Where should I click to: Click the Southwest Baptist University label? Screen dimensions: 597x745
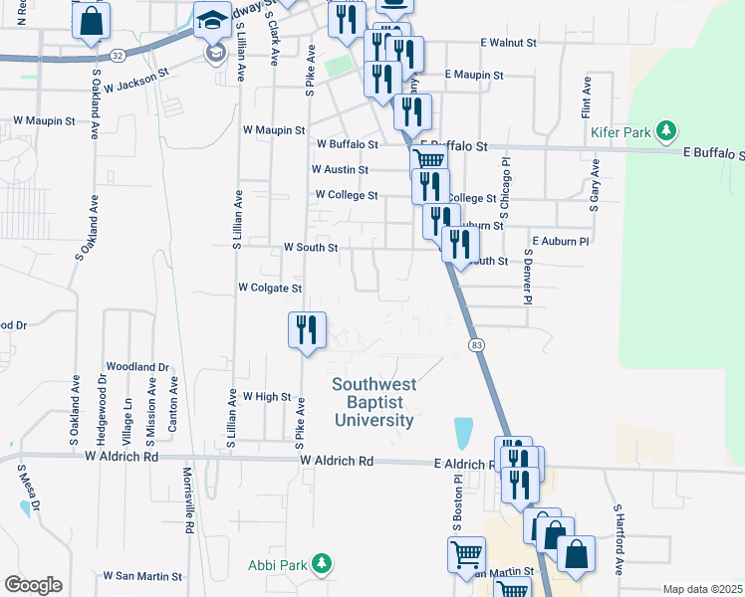[372, 402]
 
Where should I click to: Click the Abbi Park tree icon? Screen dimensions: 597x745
[321, 565]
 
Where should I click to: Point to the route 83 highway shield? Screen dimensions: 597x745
[476, 344]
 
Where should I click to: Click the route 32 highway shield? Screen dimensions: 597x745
[118, 55]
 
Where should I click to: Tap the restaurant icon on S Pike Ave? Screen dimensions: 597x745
[307, 328]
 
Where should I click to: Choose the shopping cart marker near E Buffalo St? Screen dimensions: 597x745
[429, 160]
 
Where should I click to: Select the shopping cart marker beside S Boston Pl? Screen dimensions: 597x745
[466, 553]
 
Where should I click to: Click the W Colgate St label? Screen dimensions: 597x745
[269, 288]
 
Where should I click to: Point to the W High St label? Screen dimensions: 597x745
[266, 396]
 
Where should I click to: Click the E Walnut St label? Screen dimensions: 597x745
[508, 44]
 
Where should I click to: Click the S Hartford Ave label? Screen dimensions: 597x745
[619, 537]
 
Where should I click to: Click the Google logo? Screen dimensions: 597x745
[33, 585]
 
